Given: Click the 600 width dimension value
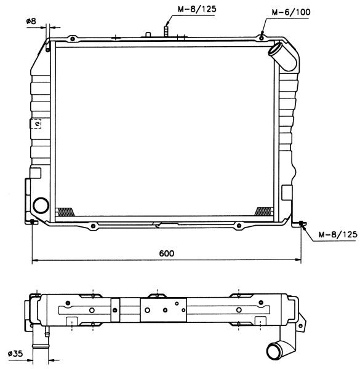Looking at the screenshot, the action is coord(167,253).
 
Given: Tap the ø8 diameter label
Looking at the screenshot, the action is coord(31,21).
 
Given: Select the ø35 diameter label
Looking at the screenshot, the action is coord(15,354).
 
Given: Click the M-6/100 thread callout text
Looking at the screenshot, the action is coord(291,12).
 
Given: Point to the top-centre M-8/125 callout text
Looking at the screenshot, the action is coord(196,9).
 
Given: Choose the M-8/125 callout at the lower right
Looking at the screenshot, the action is coord(338,234).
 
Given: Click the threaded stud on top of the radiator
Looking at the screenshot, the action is coord(167,31).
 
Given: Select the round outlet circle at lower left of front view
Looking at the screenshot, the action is coord(41,205).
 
